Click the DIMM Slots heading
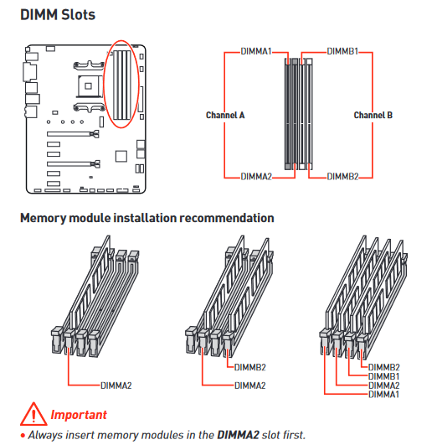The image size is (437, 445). tap(58, 15)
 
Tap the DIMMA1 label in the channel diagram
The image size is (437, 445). tap(256, 51)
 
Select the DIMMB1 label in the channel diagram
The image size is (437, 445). tap(342, 51)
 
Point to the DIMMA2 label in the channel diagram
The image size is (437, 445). tap(256, 177)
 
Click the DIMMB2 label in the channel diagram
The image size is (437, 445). tap(342, 177)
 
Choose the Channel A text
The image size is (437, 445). tap(225, 115)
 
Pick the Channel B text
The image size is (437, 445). tap(373, 115)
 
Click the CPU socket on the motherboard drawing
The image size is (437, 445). tap(89, 86)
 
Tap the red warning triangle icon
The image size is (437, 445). tap(33, 414)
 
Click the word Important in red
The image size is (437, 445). tap(79, 415)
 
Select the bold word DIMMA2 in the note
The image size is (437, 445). tap(238, 435)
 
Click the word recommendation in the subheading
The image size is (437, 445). tap(227, 218)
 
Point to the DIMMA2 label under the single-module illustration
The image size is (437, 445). tap(116, 385)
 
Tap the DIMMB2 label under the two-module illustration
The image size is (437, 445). tap(249, 368)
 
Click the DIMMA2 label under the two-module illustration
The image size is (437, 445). tap(249, 385)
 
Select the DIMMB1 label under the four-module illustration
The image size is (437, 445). tap(383, 376)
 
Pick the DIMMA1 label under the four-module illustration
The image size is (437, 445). tap(383, 395)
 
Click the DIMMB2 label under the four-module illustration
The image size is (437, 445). tap(383, 368)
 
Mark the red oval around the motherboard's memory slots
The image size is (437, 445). tap(103, 85)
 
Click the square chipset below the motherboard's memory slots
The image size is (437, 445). tap(121, 156)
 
